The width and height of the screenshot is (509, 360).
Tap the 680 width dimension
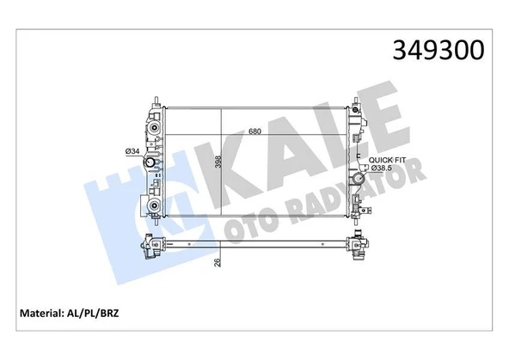pyautogui.click(x=254, y=132)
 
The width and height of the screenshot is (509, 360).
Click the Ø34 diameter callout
pyautogui.click(x=133, y=152)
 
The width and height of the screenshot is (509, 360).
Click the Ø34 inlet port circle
pyautogui.click(x=152, y=164)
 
